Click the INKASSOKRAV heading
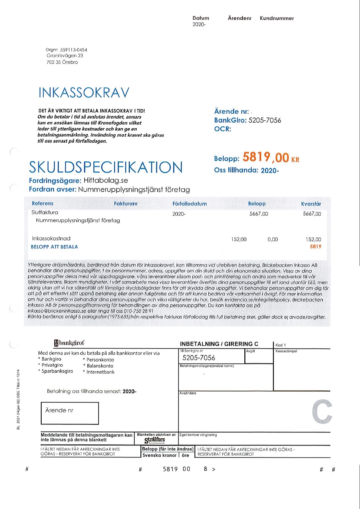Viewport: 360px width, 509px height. coord(84,92)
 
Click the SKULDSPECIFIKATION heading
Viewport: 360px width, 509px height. coord(106,167)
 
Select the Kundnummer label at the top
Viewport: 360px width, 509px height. coord(277,18)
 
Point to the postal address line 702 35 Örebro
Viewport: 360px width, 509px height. coord(62,62)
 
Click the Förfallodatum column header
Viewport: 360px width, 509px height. coord(189,204)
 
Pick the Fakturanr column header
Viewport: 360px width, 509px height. coord(126,204)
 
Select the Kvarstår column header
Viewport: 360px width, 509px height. coord(311,204)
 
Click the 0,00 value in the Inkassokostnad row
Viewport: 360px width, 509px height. coord(273,239)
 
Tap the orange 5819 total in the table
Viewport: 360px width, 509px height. coord(316,247)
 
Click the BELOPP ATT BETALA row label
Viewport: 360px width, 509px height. coord(54,247)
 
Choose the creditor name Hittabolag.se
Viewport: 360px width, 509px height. coord(106,180)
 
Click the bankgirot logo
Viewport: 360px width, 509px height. coord(69,343)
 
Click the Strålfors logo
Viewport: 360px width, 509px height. coord(155,440)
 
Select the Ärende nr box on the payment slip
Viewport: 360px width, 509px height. coord(70,413)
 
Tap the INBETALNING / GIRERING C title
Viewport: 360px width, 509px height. coord(219,344)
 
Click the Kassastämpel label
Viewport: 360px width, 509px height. coord(286,351)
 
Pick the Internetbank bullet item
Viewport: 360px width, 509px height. coord(100,372)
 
